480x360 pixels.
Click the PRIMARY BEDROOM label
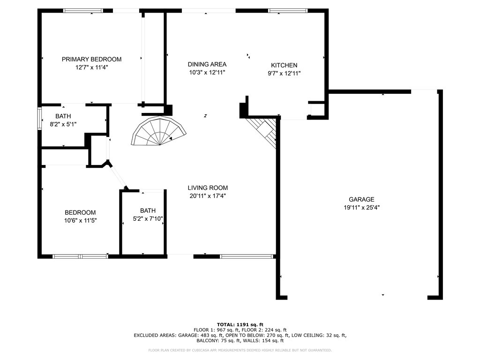[x=91, y=59]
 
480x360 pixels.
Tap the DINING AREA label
[x=207, y=64]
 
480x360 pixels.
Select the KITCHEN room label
[x=284, y=65]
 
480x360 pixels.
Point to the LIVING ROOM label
[x=208, y=188]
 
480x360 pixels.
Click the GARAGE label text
[x=361, y=199]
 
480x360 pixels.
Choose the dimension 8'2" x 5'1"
[x=63, y=124]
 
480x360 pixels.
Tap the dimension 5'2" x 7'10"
[x=148, y=219]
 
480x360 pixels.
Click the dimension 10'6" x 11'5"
[x=80, y=220]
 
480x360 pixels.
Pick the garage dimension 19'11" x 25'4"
[x=361, y=208]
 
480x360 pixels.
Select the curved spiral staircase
[x=158, y=131]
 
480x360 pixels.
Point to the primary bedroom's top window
[x=83, y=11]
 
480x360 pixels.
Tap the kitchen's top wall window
[x=288, y=11]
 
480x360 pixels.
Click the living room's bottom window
[x=247, y=256]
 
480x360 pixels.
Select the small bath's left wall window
[x=39, y=118]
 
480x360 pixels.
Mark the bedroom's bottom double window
[x=80, y=256]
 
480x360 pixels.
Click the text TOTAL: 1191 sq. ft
[x=240, y=324]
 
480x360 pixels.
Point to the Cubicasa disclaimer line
[x=240, y=350]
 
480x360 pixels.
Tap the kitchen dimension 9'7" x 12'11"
[x=284, y=74]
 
